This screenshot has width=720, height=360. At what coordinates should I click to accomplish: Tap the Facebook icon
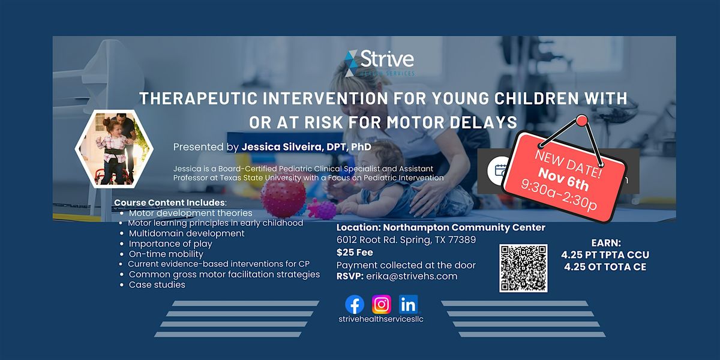pos(355,304)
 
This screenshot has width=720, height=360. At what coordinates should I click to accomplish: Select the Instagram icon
pos(381,304)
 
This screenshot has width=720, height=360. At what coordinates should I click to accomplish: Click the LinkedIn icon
pos(408,304)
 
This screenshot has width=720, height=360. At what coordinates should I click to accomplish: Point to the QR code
pos(523,268)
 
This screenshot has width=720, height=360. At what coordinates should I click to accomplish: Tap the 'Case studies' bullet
pos(157,285)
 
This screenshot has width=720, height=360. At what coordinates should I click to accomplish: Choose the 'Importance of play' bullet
pos(170,244)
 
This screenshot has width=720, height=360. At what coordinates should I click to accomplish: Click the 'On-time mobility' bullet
pos(167,254)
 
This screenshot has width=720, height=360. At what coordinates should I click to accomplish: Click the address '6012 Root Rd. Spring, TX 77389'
pos(406,240)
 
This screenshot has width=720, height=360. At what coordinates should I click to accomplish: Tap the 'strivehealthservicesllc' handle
pos(381,319)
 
